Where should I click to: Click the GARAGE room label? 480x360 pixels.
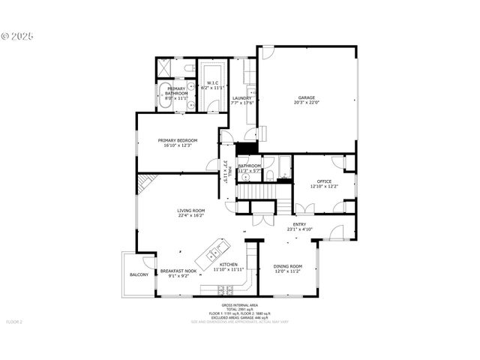click(x=305, y=97)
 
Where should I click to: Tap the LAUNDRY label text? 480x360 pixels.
click(x=241, y=98)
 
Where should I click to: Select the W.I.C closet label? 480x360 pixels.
click(x=212, y=83)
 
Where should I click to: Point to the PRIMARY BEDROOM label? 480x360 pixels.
click(x=178, y=140)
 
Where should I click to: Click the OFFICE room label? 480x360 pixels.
click(x=324, y=181)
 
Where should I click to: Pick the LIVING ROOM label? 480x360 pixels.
click(x=191, y=211)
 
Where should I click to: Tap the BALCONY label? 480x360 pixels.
click(x=139, y=275)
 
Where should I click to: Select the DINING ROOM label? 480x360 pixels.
click(x=288, y=266)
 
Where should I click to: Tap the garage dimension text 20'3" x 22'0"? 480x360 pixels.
click(x=305, y=103)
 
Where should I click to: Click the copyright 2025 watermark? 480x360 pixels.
click(x=18, y=35)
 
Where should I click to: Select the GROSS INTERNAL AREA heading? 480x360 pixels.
click(x=239, y=305)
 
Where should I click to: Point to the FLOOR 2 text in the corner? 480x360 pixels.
click(x=15, y=322)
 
